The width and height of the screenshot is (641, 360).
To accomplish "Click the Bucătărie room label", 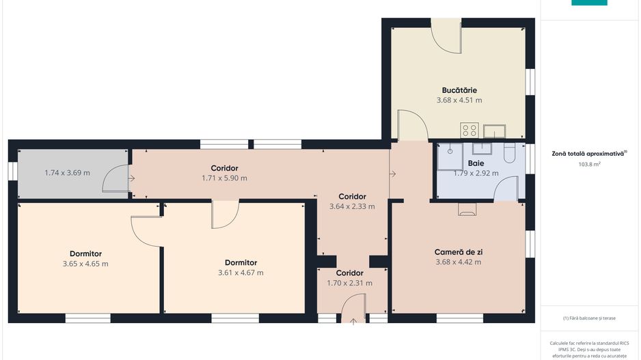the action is tap(459, 90).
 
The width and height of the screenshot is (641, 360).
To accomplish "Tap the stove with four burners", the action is tap(469, 130).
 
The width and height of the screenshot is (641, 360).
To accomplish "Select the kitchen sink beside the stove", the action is tap(495, 131).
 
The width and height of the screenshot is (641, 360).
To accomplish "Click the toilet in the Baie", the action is tap(509, 153).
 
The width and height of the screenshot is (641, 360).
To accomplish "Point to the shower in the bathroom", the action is tap(450, 156).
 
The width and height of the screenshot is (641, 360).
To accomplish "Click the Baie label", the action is tap(476, 163).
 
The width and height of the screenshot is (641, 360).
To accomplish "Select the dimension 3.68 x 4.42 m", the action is tap(459, 262).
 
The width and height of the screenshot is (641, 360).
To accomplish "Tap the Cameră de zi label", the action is tap(459, 252).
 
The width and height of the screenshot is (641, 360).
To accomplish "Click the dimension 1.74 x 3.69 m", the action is tap(67, 173).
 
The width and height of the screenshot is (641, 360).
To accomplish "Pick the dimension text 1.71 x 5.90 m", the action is tap(224, 178).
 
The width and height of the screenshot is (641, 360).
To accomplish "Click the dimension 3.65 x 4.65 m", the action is tap(85, 264).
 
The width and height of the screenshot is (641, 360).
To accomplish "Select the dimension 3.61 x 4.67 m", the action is tap(241, 273).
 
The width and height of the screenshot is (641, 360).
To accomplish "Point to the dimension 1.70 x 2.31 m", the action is tap(349, 283).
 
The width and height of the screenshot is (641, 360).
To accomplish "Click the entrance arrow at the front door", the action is tap(353, 321).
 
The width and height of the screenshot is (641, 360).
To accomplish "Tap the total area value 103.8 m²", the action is tap(589, 164).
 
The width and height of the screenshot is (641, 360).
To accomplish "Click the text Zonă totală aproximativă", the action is tap(588, 154).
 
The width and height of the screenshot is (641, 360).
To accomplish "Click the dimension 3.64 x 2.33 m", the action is tap(352, 206).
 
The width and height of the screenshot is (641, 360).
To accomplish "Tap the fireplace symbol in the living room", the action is tap(467, 209).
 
